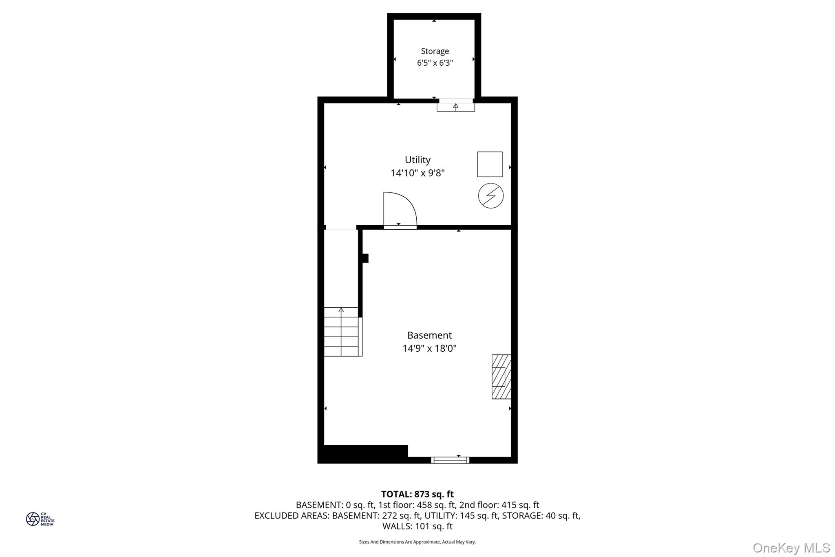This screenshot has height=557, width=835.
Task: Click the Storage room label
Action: (x=435, y=51)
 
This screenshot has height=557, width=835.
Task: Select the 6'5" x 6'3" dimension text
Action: (x=435, y=63)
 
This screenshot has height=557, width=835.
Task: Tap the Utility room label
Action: (x=417, y=160)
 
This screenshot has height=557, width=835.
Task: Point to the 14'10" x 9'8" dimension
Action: (x=417, y=173)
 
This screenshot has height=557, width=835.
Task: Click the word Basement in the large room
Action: (x=429, y=335)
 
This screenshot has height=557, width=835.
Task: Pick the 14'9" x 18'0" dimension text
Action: (x=429, y=348)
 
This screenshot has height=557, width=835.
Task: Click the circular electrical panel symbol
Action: (x=490, y=196)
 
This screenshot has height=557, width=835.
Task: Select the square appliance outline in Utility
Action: (x=490, y=164)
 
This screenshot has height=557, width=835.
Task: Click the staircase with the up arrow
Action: (x=341, y=331)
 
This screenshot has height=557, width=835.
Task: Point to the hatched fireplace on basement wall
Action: (x=501, y=377)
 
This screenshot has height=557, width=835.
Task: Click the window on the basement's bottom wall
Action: (x=450, y=460)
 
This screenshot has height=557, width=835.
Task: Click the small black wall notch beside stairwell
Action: (x=365, y=258)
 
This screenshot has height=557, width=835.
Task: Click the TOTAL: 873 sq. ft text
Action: (x=417, y=494)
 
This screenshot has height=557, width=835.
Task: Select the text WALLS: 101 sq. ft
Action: (x=417, y=526)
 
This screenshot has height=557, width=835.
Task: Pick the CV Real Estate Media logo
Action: (x=40, y=519)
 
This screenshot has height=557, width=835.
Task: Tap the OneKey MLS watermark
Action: (x=791, y=548)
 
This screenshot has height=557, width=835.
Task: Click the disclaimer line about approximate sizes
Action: (x=417, y=542)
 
